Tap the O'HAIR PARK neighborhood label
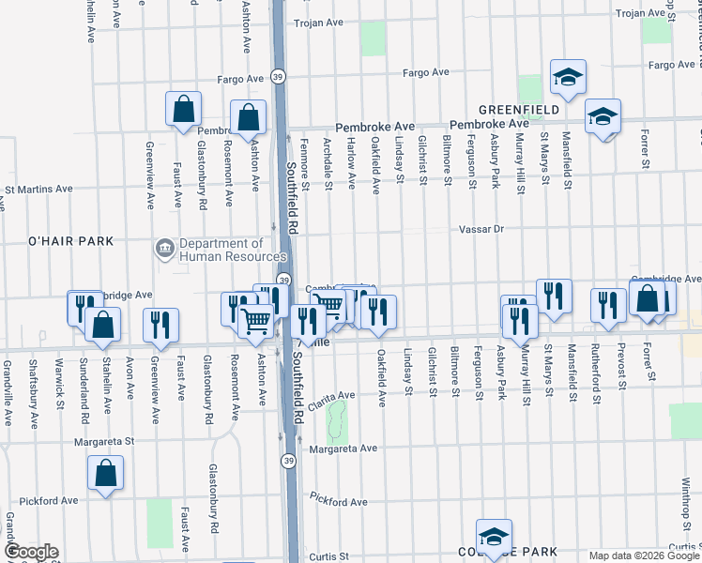click(57, 241)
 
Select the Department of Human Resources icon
click(164, 249)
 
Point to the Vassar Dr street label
click(481, 229)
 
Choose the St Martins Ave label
click(38, 189)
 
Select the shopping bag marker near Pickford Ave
click(106, 473)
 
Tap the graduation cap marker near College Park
click(494, 537)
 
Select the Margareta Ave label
click(344, 449)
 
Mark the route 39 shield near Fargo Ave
click(278, 76)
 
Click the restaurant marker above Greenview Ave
click(160, 324)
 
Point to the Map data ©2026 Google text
click(643, 555)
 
